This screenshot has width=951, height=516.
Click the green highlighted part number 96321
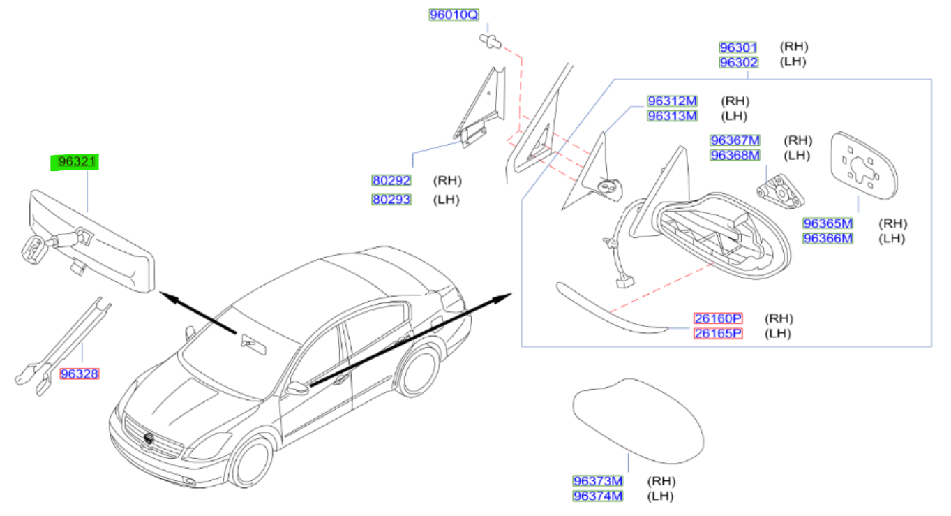click(75, 162)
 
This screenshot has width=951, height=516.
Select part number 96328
click(80, 374)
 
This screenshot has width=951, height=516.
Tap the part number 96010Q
click(454, 15)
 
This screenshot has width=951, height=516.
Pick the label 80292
click(391, 181)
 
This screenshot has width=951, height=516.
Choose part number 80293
click(391, 200)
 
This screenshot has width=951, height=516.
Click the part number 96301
click(739, 47)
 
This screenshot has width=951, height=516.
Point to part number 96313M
click(673, 116)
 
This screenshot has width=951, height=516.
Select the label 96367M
click(735, 140)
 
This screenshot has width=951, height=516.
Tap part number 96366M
click(828, 238)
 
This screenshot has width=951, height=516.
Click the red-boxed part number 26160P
click(719, 318)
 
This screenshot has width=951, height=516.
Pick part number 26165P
click(719, 333)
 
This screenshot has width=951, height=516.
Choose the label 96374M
click(598, 496)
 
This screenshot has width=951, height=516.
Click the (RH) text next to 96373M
click(661, 481)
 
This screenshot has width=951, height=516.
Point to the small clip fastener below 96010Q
click(491, 41)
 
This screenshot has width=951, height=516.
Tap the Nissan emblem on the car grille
click(149, 438)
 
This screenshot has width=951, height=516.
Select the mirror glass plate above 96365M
click(864, 165)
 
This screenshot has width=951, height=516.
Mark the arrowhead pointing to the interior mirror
click(169, 297)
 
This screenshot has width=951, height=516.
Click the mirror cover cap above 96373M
click(638, 421)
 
